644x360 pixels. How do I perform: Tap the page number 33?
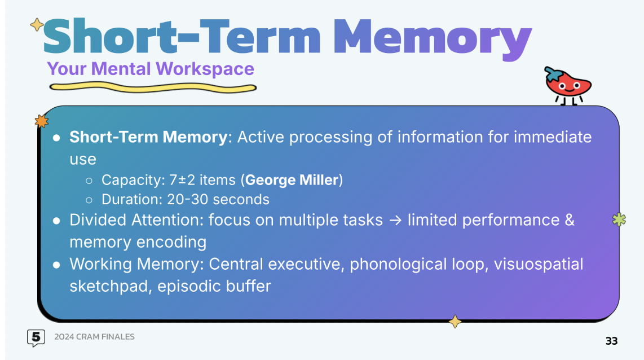click(611, 341)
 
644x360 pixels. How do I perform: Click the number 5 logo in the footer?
click(36, 338)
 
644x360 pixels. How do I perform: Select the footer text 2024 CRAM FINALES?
click(95, 336)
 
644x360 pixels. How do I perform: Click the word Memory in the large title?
click(433, 38)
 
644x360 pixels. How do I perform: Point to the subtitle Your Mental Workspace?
click(151, 69)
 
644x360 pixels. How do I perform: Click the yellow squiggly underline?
click(153, 87)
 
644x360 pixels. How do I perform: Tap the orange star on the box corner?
click(42, 121)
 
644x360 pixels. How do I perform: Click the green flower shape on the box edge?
click(619, 219)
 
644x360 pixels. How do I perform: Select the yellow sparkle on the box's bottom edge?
click(455, 322)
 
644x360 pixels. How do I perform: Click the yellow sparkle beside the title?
click(37, 25)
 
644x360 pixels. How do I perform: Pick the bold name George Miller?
click(292, 180)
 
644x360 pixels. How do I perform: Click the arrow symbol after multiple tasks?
click(395, 221)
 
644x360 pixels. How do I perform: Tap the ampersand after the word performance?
click(570, 220)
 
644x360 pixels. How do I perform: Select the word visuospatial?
click(539, 265)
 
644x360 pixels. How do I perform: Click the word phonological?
click(398, 265)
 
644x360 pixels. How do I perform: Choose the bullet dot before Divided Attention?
click(57, 221)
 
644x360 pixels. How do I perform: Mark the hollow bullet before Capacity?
click(89, 181)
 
